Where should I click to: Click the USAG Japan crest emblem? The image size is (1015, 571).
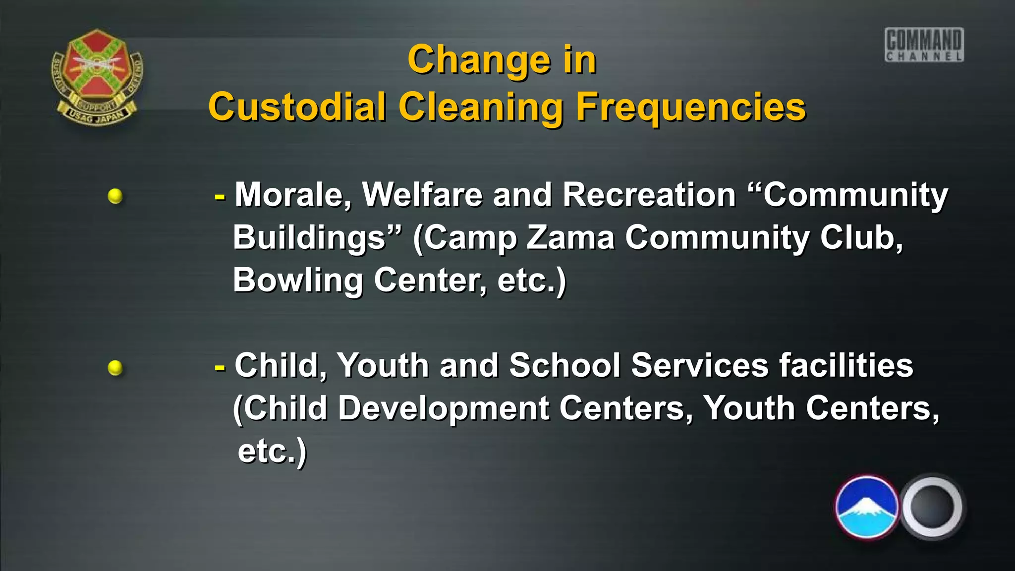pyautogui.click(x=97, y=76)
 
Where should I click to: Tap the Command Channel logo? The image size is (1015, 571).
pyautogui.click(x=924, y=45)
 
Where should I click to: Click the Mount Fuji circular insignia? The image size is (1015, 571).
pyautogui.click(x=867, y=507)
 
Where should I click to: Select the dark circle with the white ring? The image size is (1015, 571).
pyautogui.click(x=932, y=507)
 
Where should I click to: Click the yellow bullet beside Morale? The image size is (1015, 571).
pyautogui.click(x=115, y=196)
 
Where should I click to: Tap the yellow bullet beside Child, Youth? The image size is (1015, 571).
pyautogui.click(x=115, y=368)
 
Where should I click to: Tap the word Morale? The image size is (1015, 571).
pyautogui.click(x=293, y=194)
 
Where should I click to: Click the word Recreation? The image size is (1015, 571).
pyautogui.click(x=649, y=194)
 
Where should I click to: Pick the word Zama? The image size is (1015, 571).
pyautogui.click(x=570, y=237)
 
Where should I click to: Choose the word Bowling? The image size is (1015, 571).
pyautogui.click(x=298, y=281)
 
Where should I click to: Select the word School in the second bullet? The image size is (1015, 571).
pyautogui.click(x=564, y=365)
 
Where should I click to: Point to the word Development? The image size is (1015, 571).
pyautogui.click(x=444, y=408)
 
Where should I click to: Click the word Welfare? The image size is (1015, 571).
pyautogui.click(x=422, y=194)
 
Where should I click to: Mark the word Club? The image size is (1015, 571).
pyautogui.click(x=860, y=237)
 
